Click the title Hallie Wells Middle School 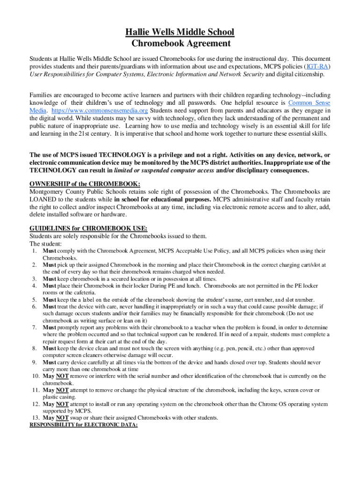coord(180,32)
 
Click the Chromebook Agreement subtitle coord(180,44)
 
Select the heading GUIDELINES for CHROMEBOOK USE coord(88,228)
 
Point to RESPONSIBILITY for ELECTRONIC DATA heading coord(84,425)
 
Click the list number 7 coord(35,327)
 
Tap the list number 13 coord(33,418)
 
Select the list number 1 coord(35,251)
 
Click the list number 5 coord(35,300)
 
